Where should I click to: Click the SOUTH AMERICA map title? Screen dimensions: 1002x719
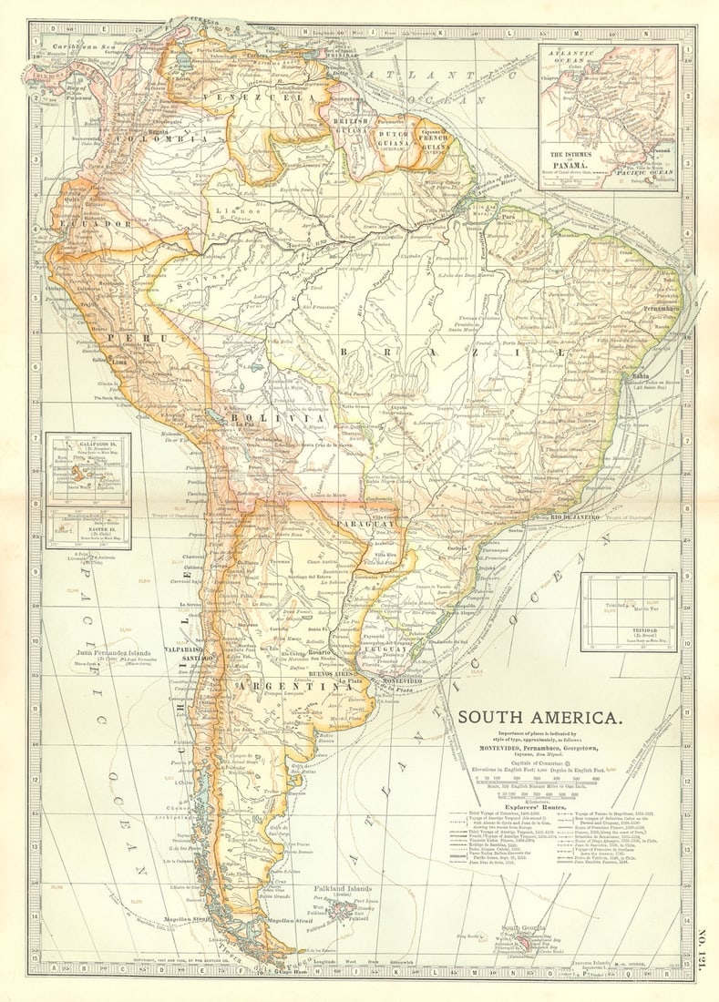click(x=540, y=716)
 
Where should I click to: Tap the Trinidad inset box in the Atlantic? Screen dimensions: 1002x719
click(x=629, y=611)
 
